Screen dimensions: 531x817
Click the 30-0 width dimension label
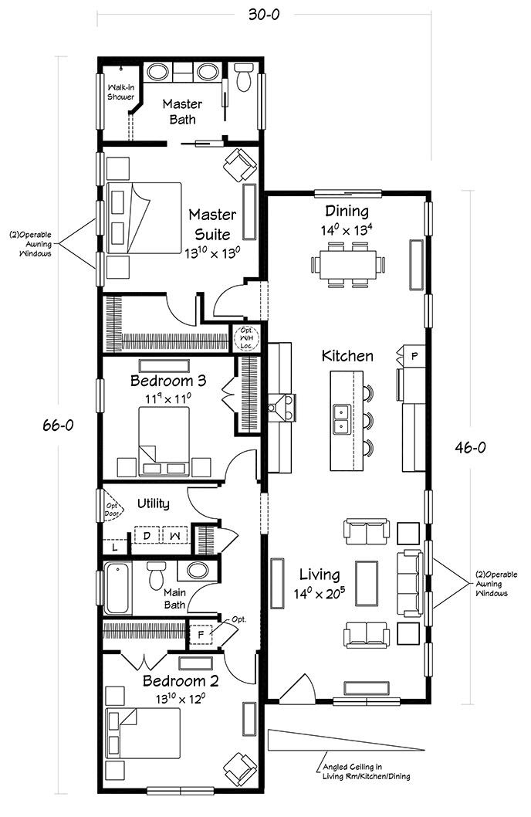263,15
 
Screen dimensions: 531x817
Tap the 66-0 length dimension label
58,425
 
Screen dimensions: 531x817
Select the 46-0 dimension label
470,447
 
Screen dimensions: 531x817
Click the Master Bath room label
182,111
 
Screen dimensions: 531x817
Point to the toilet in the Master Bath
243,78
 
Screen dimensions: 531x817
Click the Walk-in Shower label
120,92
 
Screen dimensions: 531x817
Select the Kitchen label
347,356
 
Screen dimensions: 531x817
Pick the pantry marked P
414,356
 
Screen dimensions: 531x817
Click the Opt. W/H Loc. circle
245,337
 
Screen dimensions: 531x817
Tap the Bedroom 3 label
168,381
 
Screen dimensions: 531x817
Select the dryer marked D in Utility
147,535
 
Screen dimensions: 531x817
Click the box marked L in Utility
115,547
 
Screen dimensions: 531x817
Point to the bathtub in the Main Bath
118,588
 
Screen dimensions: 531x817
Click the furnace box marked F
201,635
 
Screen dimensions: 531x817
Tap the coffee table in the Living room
367,584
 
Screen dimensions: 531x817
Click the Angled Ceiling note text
367,771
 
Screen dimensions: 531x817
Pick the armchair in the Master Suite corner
240,165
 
